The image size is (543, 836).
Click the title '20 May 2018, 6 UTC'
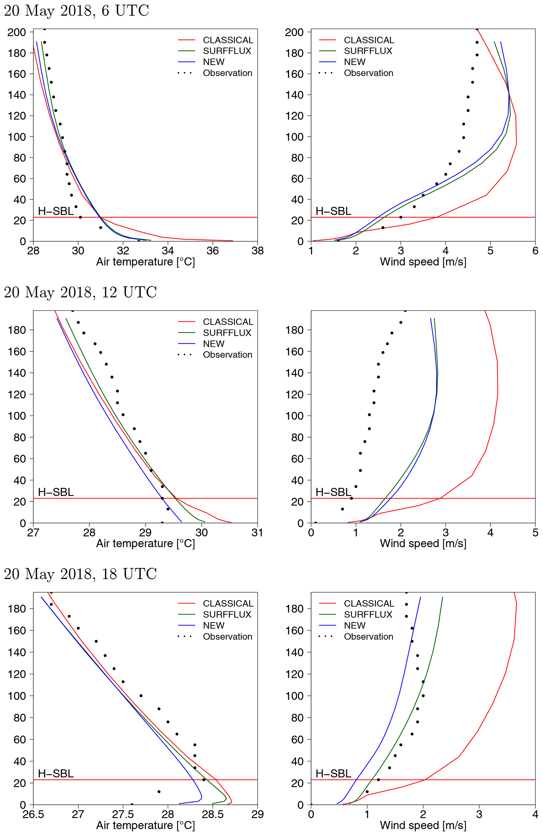(x=76, y=11)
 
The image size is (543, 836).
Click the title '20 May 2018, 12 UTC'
(x=80, y=293)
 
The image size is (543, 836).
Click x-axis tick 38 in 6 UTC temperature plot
(x=257, y=251)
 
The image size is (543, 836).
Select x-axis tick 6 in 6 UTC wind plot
(x=535, y=251)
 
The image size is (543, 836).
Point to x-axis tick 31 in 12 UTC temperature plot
(x=257, y=532)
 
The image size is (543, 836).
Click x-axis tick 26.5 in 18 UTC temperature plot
(x=33, y=814)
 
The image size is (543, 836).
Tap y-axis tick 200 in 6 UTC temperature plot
(x=17, y=32)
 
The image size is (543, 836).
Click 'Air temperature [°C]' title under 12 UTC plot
(x=146, y=543)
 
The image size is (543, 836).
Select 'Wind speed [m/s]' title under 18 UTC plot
(x=423, y=825)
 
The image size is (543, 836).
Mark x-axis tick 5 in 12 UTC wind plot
(x=535, y=532)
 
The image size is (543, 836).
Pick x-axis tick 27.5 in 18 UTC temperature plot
(x=123, y=814)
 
